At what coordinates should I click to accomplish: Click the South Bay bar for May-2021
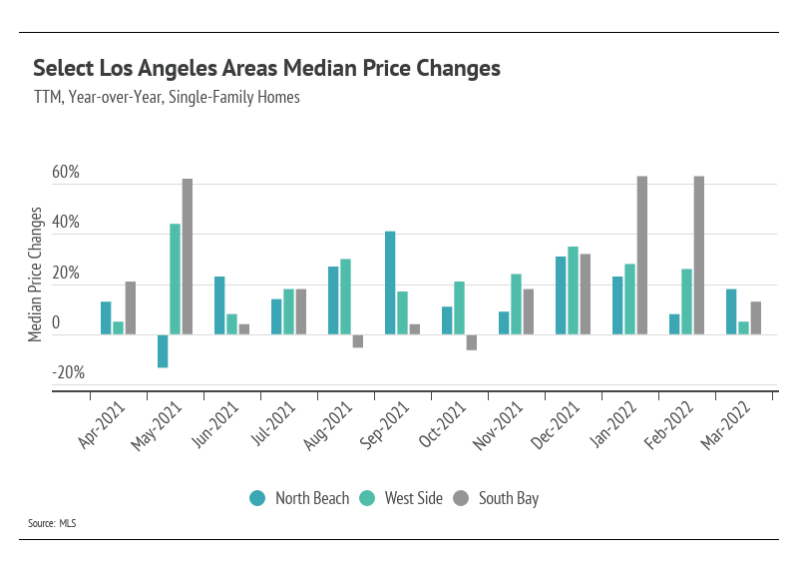187,257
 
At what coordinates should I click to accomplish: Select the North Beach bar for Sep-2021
390,283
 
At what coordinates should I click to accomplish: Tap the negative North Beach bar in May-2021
163,350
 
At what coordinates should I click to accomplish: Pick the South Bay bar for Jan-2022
641,256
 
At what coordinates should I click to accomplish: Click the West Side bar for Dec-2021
573,290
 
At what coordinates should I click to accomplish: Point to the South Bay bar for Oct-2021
471,342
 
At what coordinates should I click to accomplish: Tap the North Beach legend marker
257,498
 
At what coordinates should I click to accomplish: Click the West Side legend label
412,498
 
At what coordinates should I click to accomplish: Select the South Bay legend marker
462,498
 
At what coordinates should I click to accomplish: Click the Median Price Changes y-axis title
36,275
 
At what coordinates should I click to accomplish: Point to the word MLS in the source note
67,523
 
